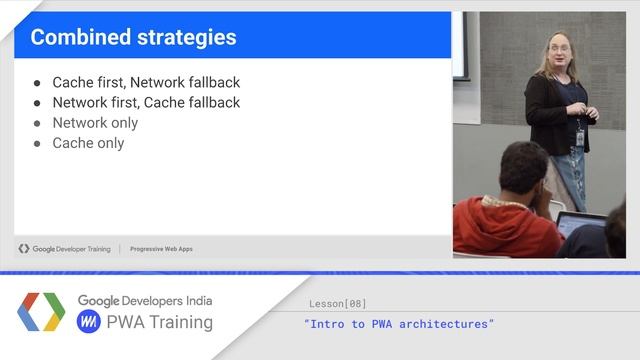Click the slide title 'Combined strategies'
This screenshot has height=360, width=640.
pyautogui.click(x=133, y=38)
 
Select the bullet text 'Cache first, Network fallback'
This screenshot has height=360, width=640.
pyautogui.click(x=146, y=83)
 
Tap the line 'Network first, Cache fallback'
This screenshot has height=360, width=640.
pyautogui.click(x=146, y=103)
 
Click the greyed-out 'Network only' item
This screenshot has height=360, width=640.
pyautogui.click(x=95, y=123)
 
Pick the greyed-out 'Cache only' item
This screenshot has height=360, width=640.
pyautogui.click(x=88, y=143)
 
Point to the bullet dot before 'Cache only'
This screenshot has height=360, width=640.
pyautogui.click(x=37, y=143)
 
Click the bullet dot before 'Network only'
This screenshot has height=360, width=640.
pyautogui.click(x=37, y=123)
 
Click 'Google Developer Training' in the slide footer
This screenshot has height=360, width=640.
pyautogui.click(x=71, y=249)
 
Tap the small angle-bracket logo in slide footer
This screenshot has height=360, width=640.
pyautogui.click(x=24, y=249)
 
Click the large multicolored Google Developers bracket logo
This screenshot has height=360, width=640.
pyautogui.click(x=41, y=312)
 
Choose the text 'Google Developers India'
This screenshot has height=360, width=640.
pyautogui.click(x=145, y=301)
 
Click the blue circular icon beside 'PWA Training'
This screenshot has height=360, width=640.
pyautogui.click(x=89, y=322)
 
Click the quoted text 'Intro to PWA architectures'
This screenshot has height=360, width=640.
pyautogui.click(x=399, y=324)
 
